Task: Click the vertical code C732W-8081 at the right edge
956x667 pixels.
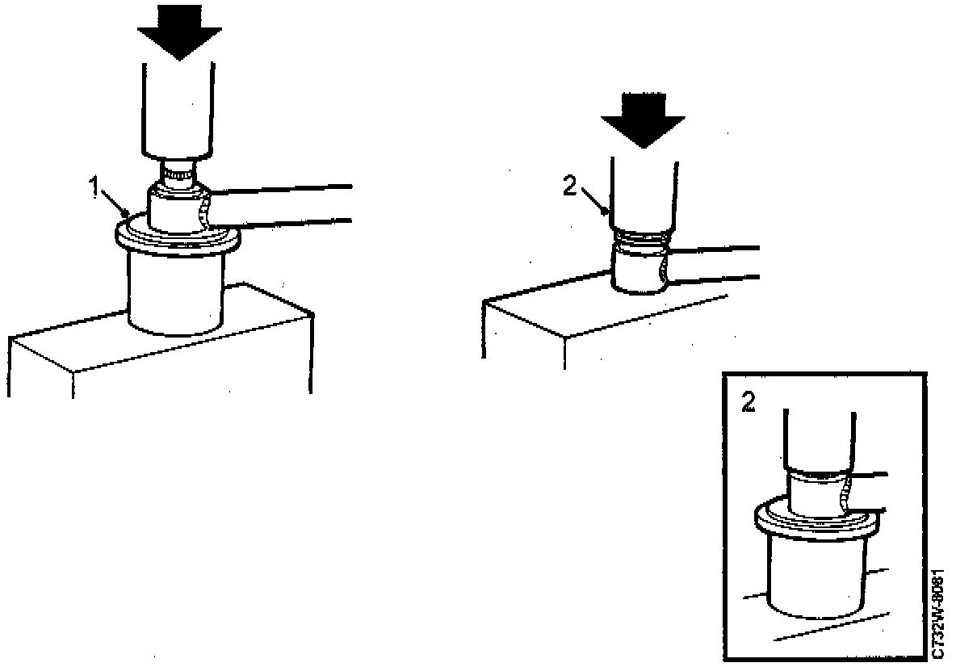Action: tap(937, 612)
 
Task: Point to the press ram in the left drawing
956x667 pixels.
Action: tap(178, 113)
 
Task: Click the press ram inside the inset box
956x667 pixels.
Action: tap(817, 440)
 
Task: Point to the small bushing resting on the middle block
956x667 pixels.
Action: tap(638, 271)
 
